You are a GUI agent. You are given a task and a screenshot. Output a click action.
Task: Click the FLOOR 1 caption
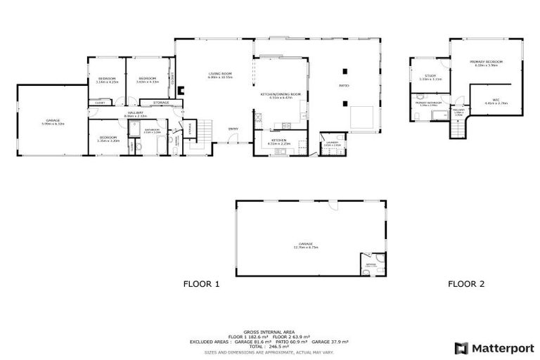click(202, 284)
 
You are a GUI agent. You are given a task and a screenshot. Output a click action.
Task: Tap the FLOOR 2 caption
click(466, 284)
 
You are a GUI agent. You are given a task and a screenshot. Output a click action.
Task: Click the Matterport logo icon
click(461, 347)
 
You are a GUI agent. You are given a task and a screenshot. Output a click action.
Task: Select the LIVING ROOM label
click(220, 75)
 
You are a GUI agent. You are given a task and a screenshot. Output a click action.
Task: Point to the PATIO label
click(344, 86)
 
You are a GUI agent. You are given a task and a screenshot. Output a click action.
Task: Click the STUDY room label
click(430, 77)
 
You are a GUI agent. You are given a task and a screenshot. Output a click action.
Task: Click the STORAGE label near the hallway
click(161, 103)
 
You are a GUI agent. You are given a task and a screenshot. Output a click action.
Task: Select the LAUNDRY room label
click(332, 143)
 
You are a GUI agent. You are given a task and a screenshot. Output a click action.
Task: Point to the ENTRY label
click(233, 129)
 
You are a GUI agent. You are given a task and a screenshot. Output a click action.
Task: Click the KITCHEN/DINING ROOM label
click(280, 95)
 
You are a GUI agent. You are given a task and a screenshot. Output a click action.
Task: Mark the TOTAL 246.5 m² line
click(269, 347)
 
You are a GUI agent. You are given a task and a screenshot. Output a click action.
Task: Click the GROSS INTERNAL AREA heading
click(269, 332)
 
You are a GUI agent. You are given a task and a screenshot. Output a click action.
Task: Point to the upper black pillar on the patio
click(345, 70)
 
